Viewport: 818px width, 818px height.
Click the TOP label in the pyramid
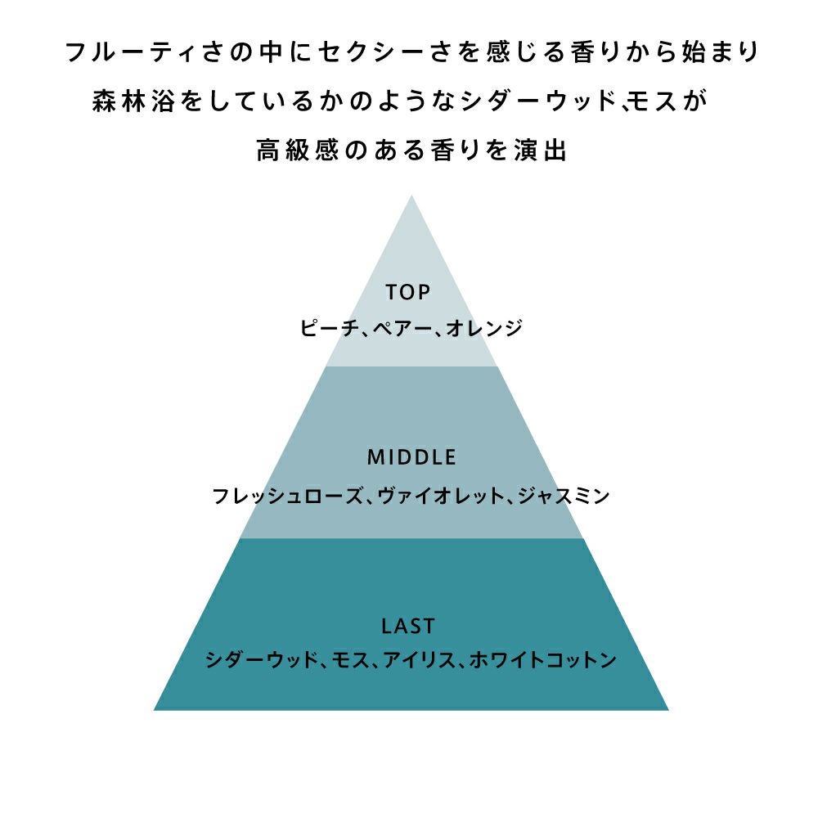point(408,292)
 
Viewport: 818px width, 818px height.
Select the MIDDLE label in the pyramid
point(411,457)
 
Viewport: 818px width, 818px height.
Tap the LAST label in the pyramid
point(408,626)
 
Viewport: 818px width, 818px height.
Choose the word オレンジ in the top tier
point(484,328)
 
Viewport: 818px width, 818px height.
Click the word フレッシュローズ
point(287,496)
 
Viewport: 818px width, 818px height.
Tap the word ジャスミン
point(564,496)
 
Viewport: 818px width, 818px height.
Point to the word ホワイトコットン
point(543,660)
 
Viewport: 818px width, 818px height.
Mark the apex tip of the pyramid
point(411,196)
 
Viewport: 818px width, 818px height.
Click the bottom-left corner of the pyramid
point(154,710)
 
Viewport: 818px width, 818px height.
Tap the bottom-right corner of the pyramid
point(669,710)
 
